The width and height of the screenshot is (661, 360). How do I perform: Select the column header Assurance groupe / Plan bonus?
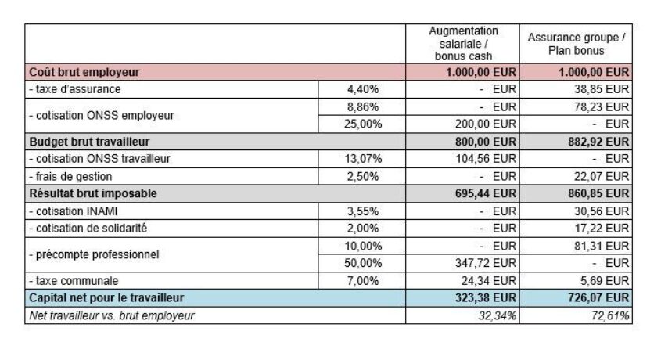click(577, 44)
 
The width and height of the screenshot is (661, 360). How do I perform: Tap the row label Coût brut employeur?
click(84, 72)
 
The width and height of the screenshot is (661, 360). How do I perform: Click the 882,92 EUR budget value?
click(599, 142)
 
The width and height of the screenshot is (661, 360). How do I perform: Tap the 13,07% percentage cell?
click(365, 159)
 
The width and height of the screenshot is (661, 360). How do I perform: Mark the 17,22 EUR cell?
click(601, 228)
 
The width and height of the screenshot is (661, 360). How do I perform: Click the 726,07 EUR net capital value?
click(599, 298)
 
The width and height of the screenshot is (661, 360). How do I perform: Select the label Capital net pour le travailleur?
click(106, 298)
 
